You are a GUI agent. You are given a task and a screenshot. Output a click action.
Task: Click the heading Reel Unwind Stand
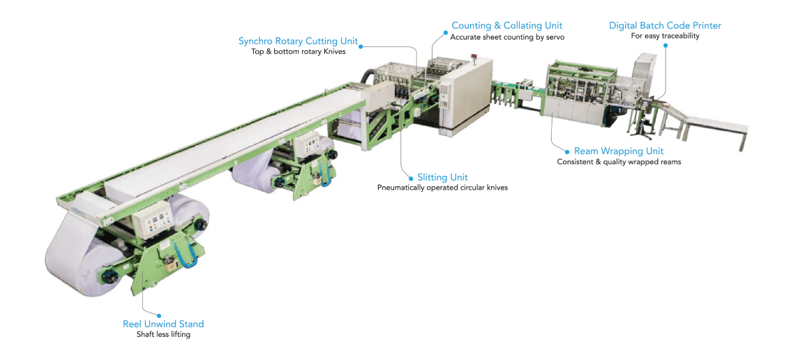click(x=163, y=324)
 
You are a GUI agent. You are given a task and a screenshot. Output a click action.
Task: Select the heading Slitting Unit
click(x=442, y=177)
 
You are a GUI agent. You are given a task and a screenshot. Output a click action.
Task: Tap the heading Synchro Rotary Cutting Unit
click(x=299, y=41)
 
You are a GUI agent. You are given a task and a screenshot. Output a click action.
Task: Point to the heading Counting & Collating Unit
click(x=507, y=25)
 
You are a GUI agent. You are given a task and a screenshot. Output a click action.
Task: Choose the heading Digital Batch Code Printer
click(x=665, y=25)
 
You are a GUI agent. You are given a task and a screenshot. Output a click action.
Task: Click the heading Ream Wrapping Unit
click(x=618, y=151)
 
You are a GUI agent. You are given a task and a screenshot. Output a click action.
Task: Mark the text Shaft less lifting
click(x=163, y=335)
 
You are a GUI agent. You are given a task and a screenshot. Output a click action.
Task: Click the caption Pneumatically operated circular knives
click(x=442, y=188)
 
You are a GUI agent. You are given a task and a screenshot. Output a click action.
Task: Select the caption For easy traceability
click(x=665, y=36)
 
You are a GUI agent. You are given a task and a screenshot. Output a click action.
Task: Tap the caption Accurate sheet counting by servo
click(x=507, y=37)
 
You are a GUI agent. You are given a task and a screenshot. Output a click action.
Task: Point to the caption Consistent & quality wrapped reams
click(x=618, y=162)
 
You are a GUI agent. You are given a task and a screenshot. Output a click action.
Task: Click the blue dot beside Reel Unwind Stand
click(x=159, y=315)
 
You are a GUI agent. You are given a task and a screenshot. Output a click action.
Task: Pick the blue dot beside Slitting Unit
click(x=411, y=178)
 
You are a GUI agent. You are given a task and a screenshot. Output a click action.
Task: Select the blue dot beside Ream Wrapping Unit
click(x=567, y=151)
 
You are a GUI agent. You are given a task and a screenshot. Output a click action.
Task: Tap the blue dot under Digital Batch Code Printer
click(x=665, y=45)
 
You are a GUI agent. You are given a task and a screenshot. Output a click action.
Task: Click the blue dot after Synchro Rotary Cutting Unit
click(x=361, y=46)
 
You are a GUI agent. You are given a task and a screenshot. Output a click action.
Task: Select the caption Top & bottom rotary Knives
click(x=299, y=52)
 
